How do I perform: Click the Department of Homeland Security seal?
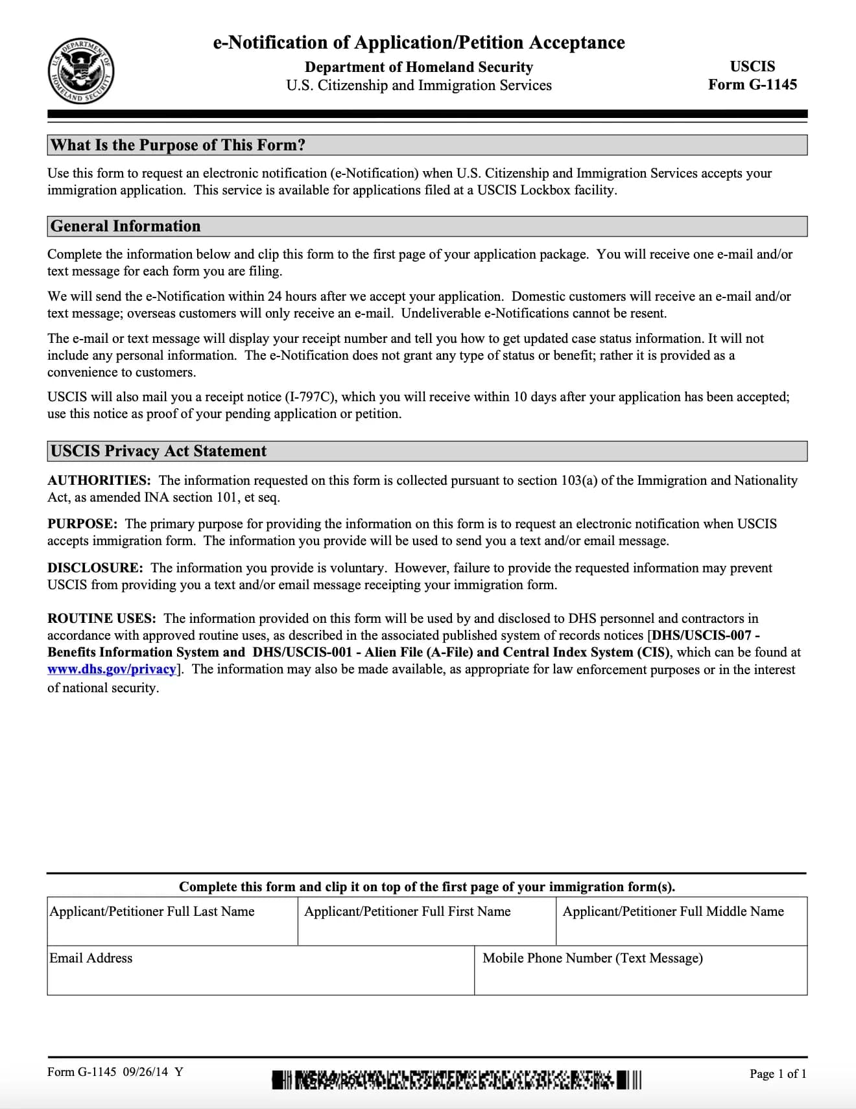(80, 71)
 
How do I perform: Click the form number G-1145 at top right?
(752, 84)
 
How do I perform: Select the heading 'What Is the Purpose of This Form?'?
(178, 145)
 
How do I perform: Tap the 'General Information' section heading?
(126, 226)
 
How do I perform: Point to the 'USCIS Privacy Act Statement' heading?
(159, 451)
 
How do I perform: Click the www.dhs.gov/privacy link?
(112, 670)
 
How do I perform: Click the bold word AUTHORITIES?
(99, 480)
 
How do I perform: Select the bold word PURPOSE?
(82, 524)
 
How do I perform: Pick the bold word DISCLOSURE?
(95, 568)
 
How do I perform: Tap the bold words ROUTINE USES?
(102, 618)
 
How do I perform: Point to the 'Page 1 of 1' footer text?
(778, 1074)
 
